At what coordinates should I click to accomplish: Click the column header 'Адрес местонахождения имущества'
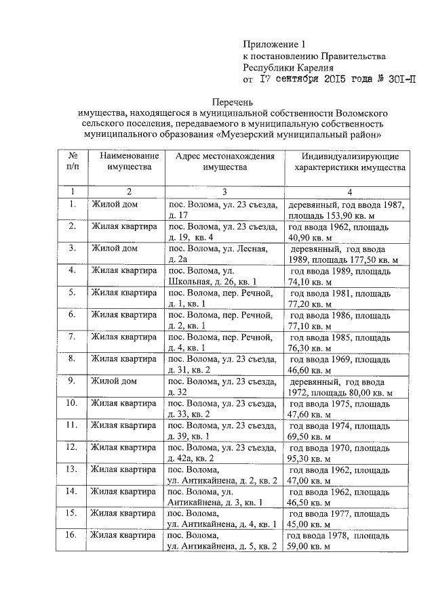coord(223,161)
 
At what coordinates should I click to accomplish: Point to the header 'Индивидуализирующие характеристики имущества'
coord(347,161)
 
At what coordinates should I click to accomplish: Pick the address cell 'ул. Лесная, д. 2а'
coord(223,255)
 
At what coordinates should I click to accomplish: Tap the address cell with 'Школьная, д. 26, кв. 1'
coord(223,276)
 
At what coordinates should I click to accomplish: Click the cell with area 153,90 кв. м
coord(347,210)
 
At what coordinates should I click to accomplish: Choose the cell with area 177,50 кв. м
coord(347,255)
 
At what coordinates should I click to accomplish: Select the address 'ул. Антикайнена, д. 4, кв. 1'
coord(223,519)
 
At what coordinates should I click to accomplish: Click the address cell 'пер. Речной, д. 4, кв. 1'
coord(223,343)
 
